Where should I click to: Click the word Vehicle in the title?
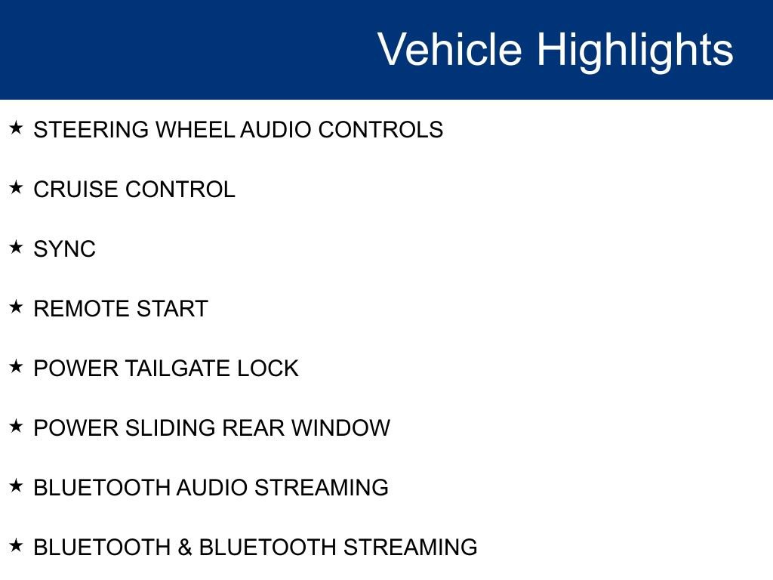(x=450, y=50)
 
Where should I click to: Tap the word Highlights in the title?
(x=635, y=50)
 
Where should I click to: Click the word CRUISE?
(x=76, y=190)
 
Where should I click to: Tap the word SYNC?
(x=65, y=249)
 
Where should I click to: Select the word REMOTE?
(x=79, y=309)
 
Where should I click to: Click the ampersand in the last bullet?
(x=185, y=547)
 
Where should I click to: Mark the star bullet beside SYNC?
(x=17, y=248)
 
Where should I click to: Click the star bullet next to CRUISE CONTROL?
(x=17, y=188)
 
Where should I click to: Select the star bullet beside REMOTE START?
(x=17, y=307)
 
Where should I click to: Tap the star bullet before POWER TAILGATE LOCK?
(x=17, y=367)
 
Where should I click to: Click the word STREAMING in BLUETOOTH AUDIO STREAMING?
(x=322, y=488)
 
